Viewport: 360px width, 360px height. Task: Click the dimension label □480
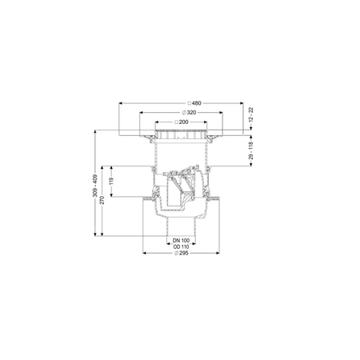181,103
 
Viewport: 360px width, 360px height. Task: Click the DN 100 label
181,240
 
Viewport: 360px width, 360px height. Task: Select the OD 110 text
181,246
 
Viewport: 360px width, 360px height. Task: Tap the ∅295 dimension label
181,254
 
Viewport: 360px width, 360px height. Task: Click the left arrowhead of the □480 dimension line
120,103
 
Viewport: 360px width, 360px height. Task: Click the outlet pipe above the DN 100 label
181,228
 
